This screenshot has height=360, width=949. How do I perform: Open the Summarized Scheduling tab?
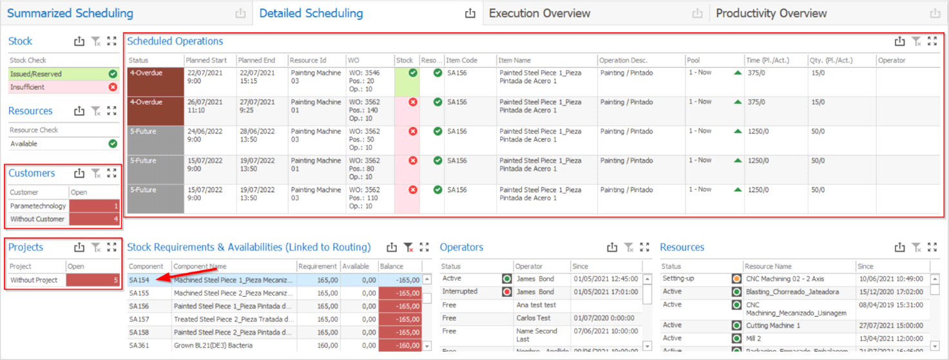[x=70, y=13]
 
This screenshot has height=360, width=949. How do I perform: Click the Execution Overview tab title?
[x=539, y=13]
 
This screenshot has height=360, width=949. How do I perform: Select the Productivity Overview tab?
[x=771, y=13]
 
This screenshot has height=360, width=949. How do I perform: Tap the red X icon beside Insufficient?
[x=113, y=87]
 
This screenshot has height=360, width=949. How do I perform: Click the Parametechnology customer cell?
[x=38, y=206]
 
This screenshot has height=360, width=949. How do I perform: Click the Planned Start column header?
[x=206, y=61]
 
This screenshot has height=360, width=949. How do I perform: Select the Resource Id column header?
[x=308, y=61]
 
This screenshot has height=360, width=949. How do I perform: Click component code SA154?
[x=139, y=280]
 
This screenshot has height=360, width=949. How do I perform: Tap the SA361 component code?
[x=139, y=346]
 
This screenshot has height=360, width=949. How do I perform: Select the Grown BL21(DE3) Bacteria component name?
[x=216, y=346]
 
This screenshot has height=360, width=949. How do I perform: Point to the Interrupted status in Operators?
[x=460, y=291]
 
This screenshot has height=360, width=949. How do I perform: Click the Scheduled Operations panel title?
[x=175, y=41]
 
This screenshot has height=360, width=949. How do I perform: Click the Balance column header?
[x=392, y=267]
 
